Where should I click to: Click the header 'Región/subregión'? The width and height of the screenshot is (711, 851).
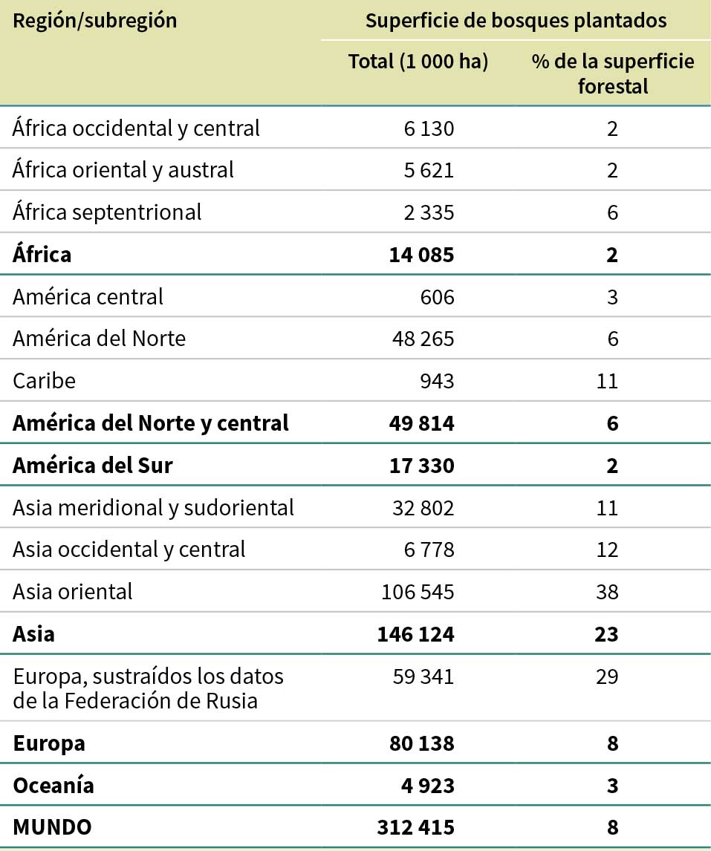coord(95,21)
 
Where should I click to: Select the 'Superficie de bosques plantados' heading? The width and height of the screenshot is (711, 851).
coord(516,21)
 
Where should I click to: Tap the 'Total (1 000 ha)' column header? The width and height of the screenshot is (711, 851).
coord(418,62)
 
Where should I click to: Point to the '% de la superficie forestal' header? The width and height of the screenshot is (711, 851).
coord(612,74)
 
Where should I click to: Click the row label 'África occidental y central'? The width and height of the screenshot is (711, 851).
coord(137,128)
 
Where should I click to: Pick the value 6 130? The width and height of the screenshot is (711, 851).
coord(429,128)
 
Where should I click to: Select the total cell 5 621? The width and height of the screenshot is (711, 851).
coord(429,170)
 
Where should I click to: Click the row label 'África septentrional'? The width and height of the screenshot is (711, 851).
coord(107,212)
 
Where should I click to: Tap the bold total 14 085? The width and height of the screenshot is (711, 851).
coord(421,255)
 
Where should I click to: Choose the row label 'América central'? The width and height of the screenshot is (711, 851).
coord(88,297)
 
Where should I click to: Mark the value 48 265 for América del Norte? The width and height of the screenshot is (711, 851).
coord(423,339)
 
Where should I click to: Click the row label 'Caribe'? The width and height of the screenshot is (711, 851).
coord(45,381)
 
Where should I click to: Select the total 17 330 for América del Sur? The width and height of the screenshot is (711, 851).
coord(421,466)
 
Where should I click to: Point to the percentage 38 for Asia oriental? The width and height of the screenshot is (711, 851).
coord(607,592)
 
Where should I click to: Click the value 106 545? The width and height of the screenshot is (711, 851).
coord(418,592)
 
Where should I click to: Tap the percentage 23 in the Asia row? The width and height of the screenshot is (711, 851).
coord(607,634)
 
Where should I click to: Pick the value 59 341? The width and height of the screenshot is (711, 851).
coord(423,676)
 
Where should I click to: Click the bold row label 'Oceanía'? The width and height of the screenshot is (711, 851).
coord(53,785)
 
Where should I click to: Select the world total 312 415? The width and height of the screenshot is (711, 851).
coord(417,827)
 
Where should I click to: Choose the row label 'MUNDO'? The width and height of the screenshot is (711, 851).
coord(52,827)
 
